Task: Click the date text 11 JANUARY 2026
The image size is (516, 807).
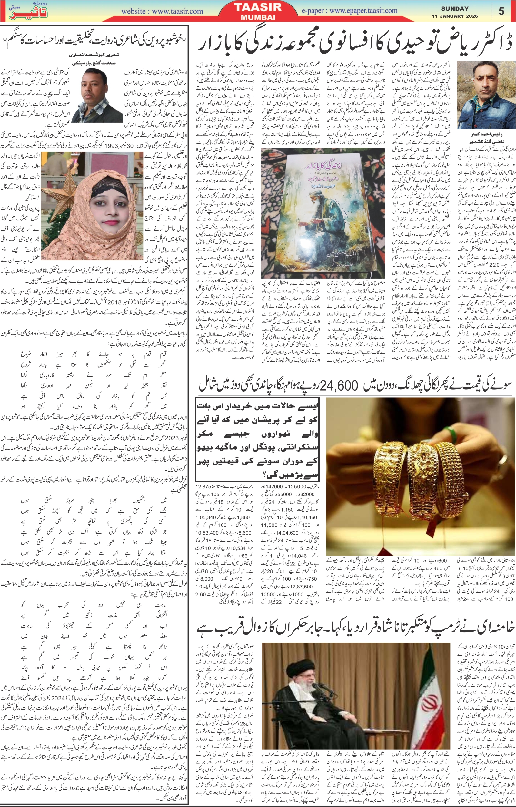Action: [x=455, y=16]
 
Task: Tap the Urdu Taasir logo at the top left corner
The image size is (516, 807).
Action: [x=28, y=11]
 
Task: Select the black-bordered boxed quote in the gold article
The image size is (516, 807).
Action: [x=257, y=439]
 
